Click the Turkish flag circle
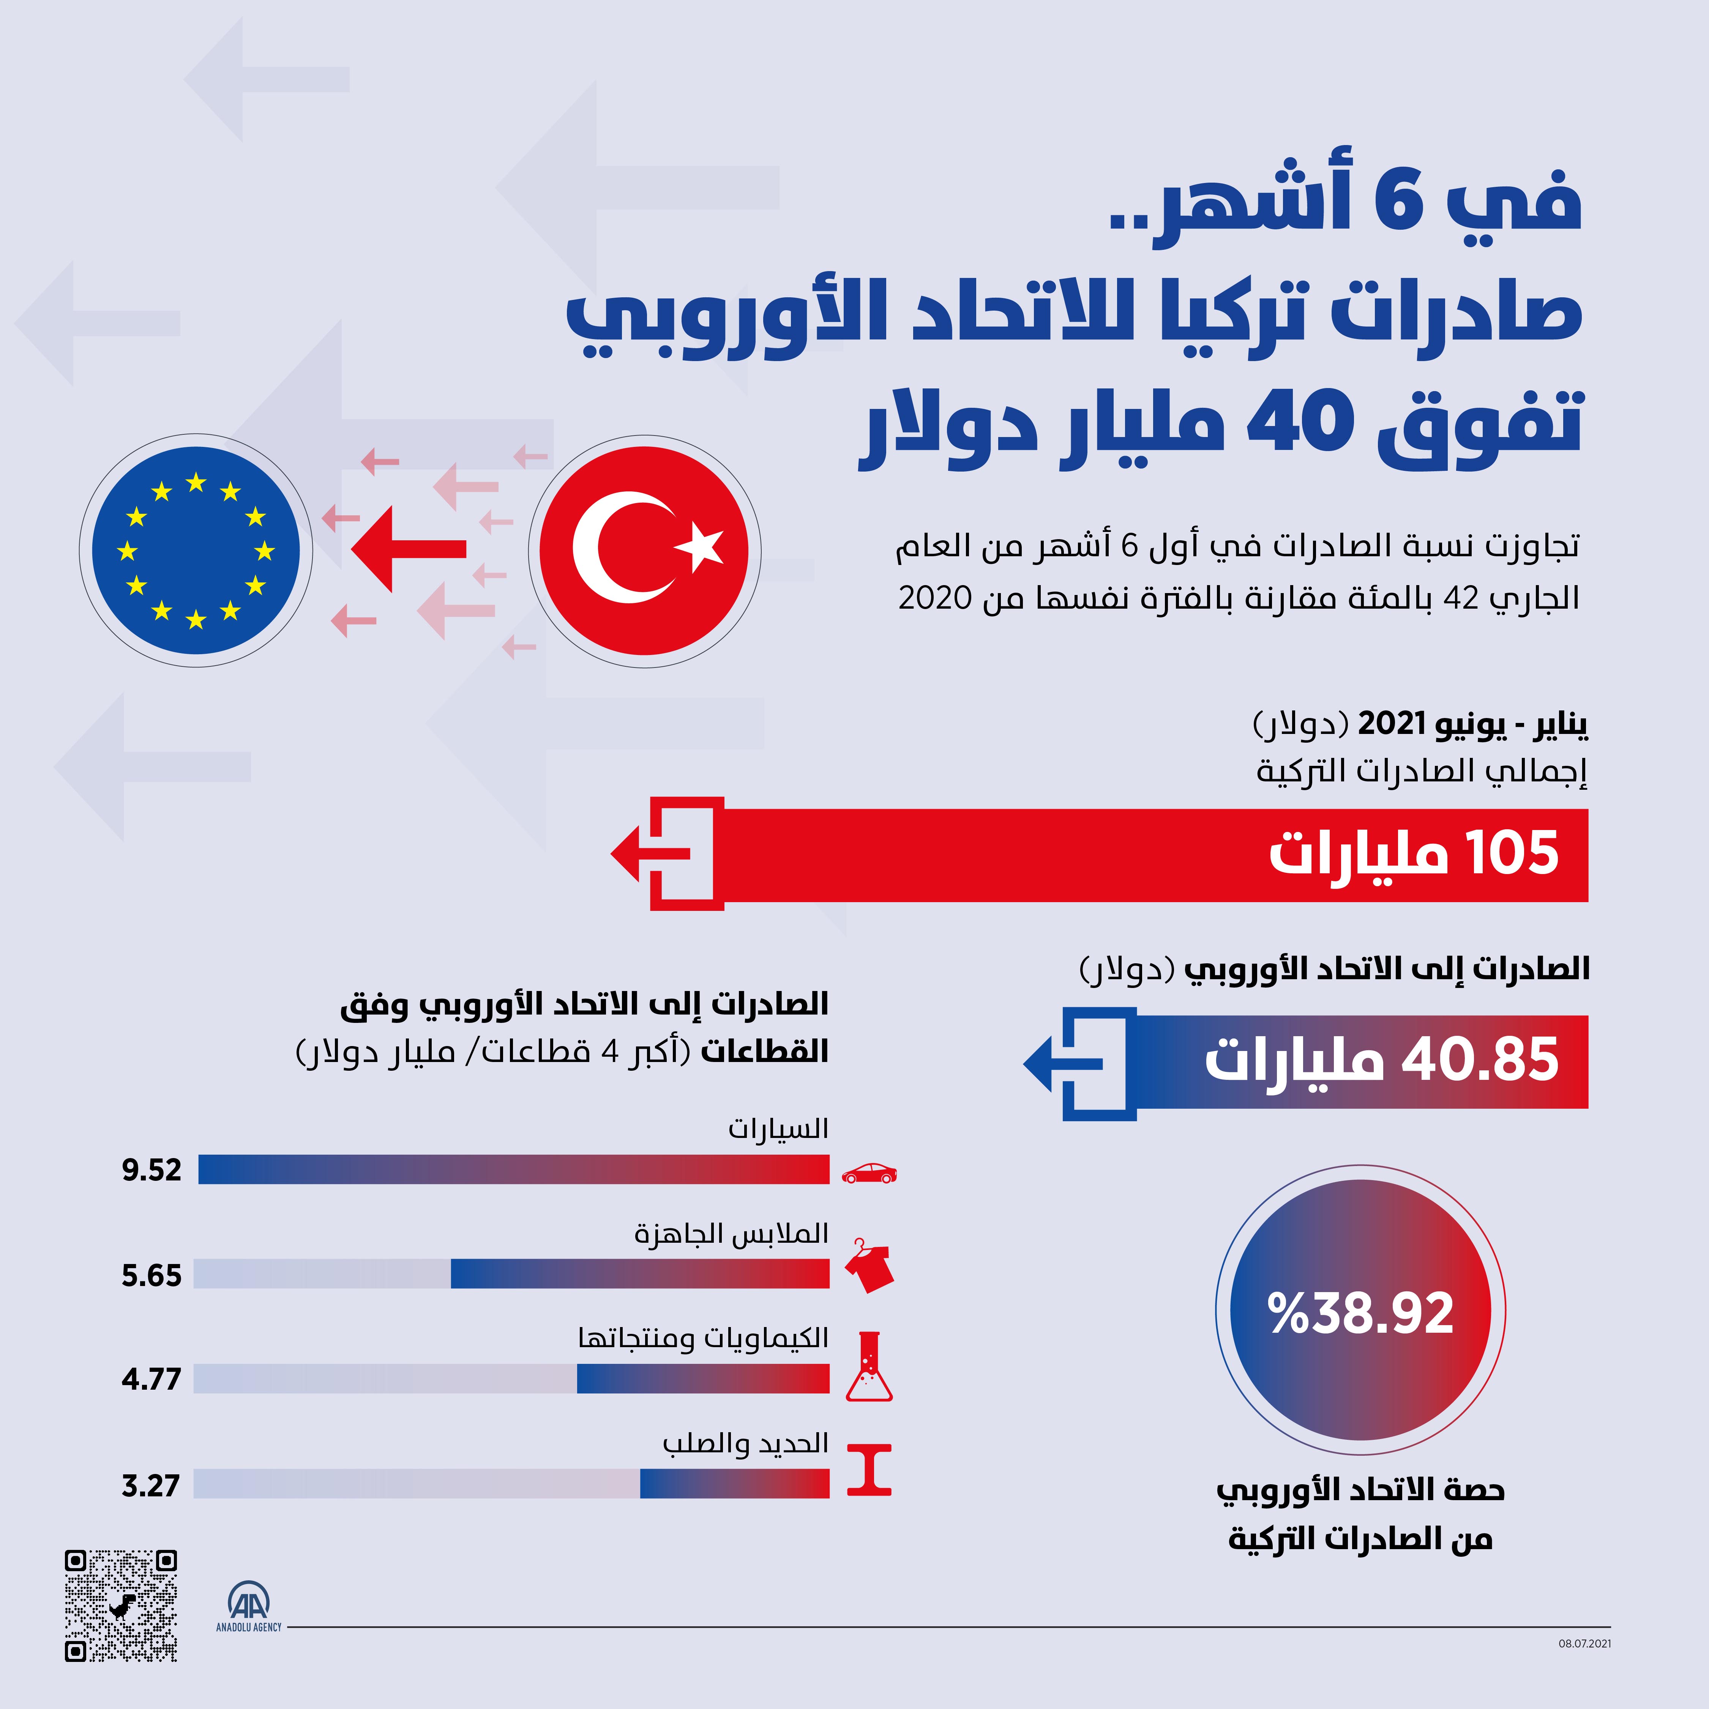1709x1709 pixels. [x=644, y=550]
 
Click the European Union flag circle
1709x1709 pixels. [x=196, y=550]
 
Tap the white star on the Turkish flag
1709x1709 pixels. [x=701, y=546]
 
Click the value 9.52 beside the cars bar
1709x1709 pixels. [x=151, y=1170]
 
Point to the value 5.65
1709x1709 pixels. [x=151, y=1275]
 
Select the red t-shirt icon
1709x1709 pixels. [x=869, y=1267]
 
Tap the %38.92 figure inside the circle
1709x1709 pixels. [x=1360, y=1313]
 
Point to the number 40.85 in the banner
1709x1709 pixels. [x=1480, y=1060]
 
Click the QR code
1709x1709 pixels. [x=121, y=1605]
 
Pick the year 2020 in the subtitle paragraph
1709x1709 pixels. [x=935, y=599]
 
